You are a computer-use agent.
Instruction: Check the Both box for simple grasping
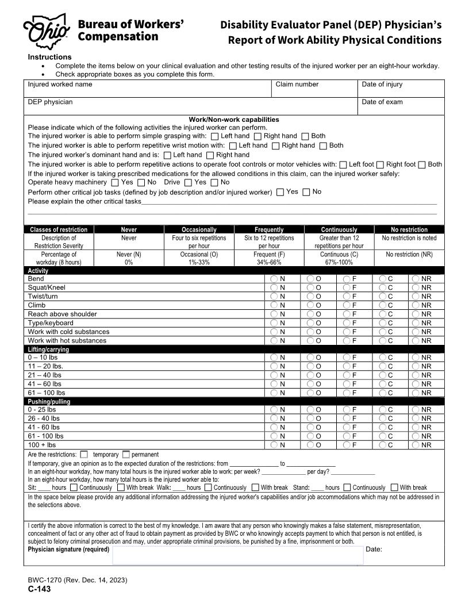tap(305, 136)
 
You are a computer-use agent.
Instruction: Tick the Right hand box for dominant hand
tap(210, 155)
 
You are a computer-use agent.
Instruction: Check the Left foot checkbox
tap(343, 164)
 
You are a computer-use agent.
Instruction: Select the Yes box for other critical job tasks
tap(280, 193)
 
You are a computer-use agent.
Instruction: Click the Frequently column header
tap(269, 229)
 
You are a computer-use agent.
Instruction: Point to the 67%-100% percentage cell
tap(339, 262)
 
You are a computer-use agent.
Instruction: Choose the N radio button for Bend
tap(274, 279)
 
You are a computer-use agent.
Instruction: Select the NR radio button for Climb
tap(416, 305)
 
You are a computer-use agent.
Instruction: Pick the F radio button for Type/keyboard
tap(347, 323)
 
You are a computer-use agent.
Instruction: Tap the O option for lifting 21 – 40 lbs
tap(310, 375)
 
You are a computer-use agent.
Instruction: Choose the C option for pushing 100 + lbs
tap(383, 445)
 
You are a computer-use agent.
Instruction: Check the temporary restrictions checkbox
tap(84, 454)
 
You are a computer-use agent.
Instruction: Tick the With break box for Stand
tap(394, 487)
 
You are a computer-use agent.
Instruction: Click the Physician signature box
tap(238, 555)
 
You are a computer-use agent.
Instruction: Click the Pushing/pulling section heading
tap(49, 402)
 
